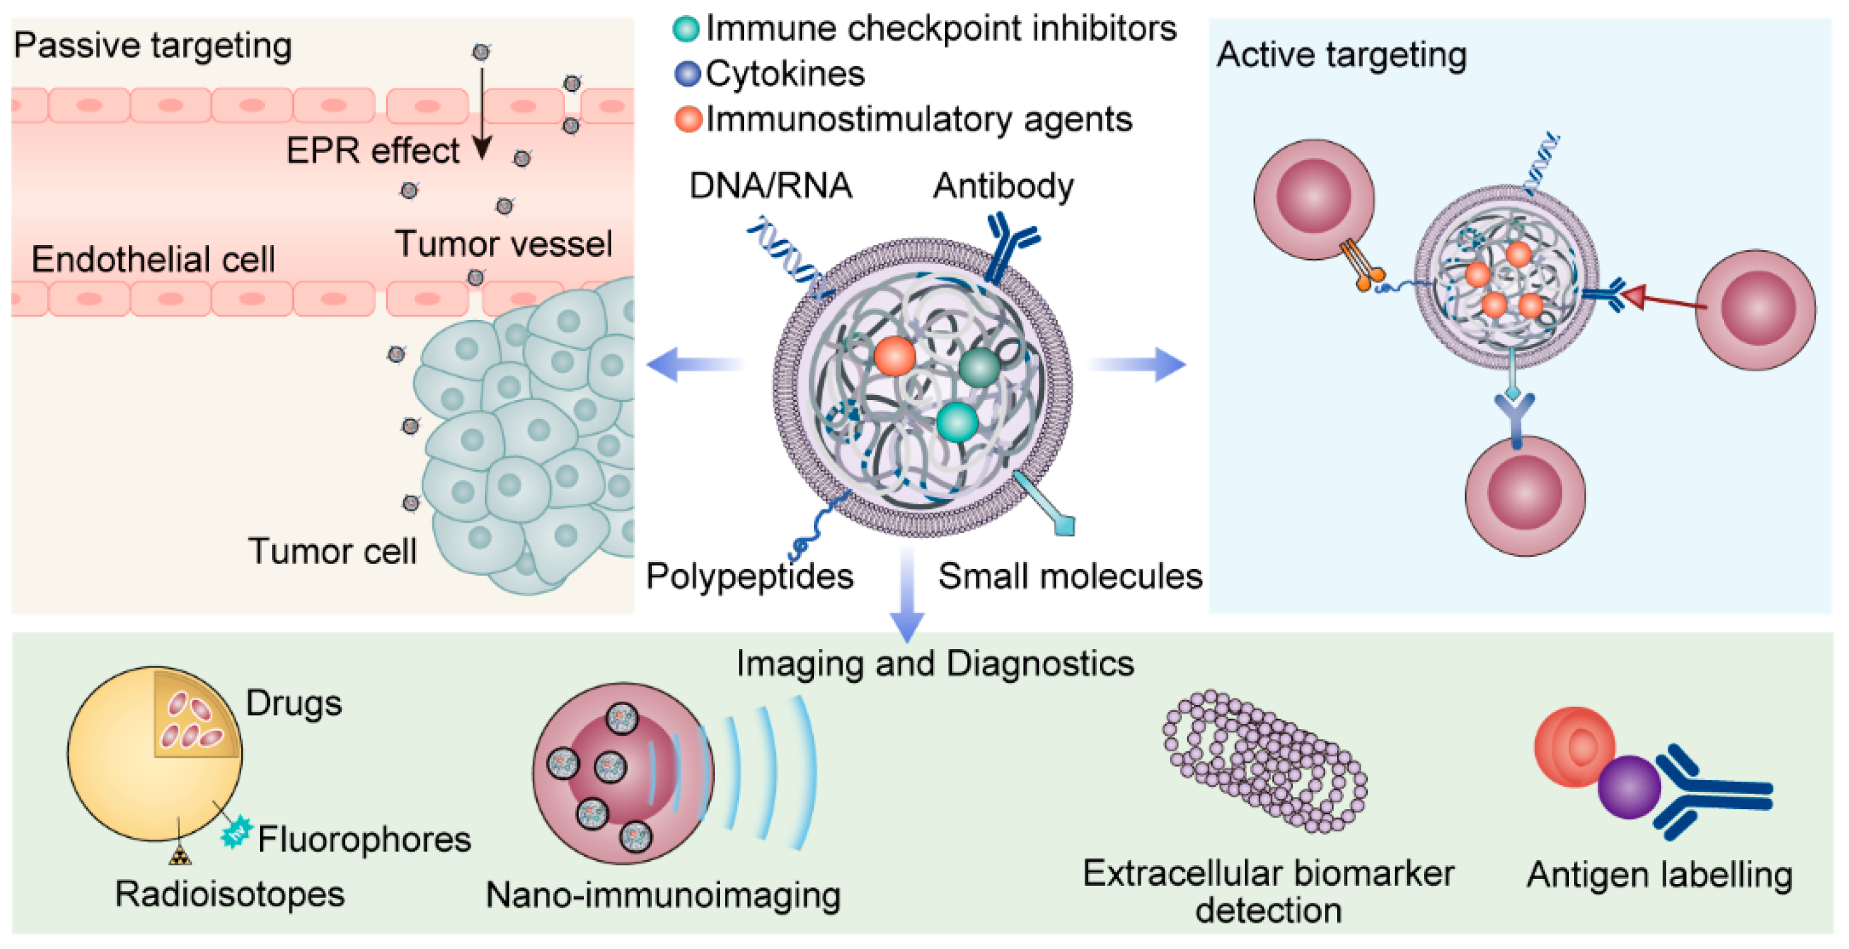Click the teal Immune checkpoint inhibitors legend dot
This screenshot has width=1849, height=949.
tap(686, 29)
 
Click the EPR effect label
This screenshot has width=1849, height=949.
tap(372, 151)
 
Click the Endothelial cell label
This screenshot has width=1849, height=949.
tap(153, 259)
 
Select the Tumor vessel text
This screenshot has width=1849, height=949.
tap(504, 244)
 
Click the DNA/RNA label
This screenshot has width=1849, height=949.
tap(770, 186)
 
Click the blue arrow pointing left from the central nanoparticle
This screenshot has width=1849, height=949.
tap(693, 364)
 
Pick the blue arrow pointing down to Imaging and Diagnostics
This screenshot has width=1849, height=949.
tap(907, 596)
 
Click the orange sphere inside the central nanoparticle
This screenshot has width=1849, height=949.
tap(894, 356)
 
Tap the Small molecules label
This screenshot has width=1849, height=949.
tap(1070, 576)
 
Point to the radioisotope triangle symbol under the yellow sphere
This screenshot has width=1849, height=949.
tap(180, 856)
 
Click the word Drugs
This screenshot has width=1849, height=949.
tap(294, 703)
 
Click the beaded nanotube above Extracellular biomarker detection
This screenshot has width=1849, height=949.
tap(1265, 761)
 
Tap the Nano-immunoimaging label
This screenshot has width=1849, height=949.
tap(663, 895)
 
